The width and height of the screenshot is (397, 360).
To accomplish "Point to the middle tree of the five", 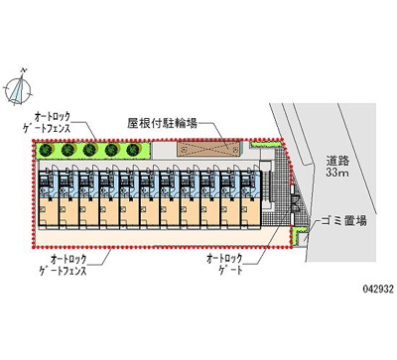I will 90,151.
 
